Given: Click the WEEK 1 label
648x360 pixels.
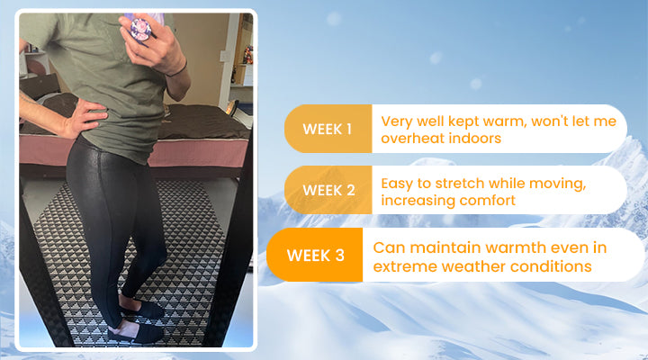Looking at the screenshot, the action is [327, 130].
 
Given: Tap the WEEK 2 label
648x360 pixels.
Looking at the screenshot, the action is [328, 191].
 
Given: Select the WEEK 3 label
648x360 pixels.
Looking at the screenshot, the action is [315, 256].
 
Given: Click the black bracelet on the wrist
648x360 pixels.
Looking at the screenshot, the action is [177, 69].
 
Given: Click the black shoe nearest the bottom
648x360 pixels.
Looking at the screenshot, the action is [137, 333].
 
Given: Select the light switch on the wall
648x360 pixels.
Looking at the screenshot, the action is [225, 56].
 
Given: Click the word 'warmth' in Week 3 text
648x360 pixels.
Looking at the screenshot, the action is [517, 248].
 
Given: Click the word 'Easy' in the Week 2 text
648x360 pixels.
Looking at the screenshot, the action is [397, 184].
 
